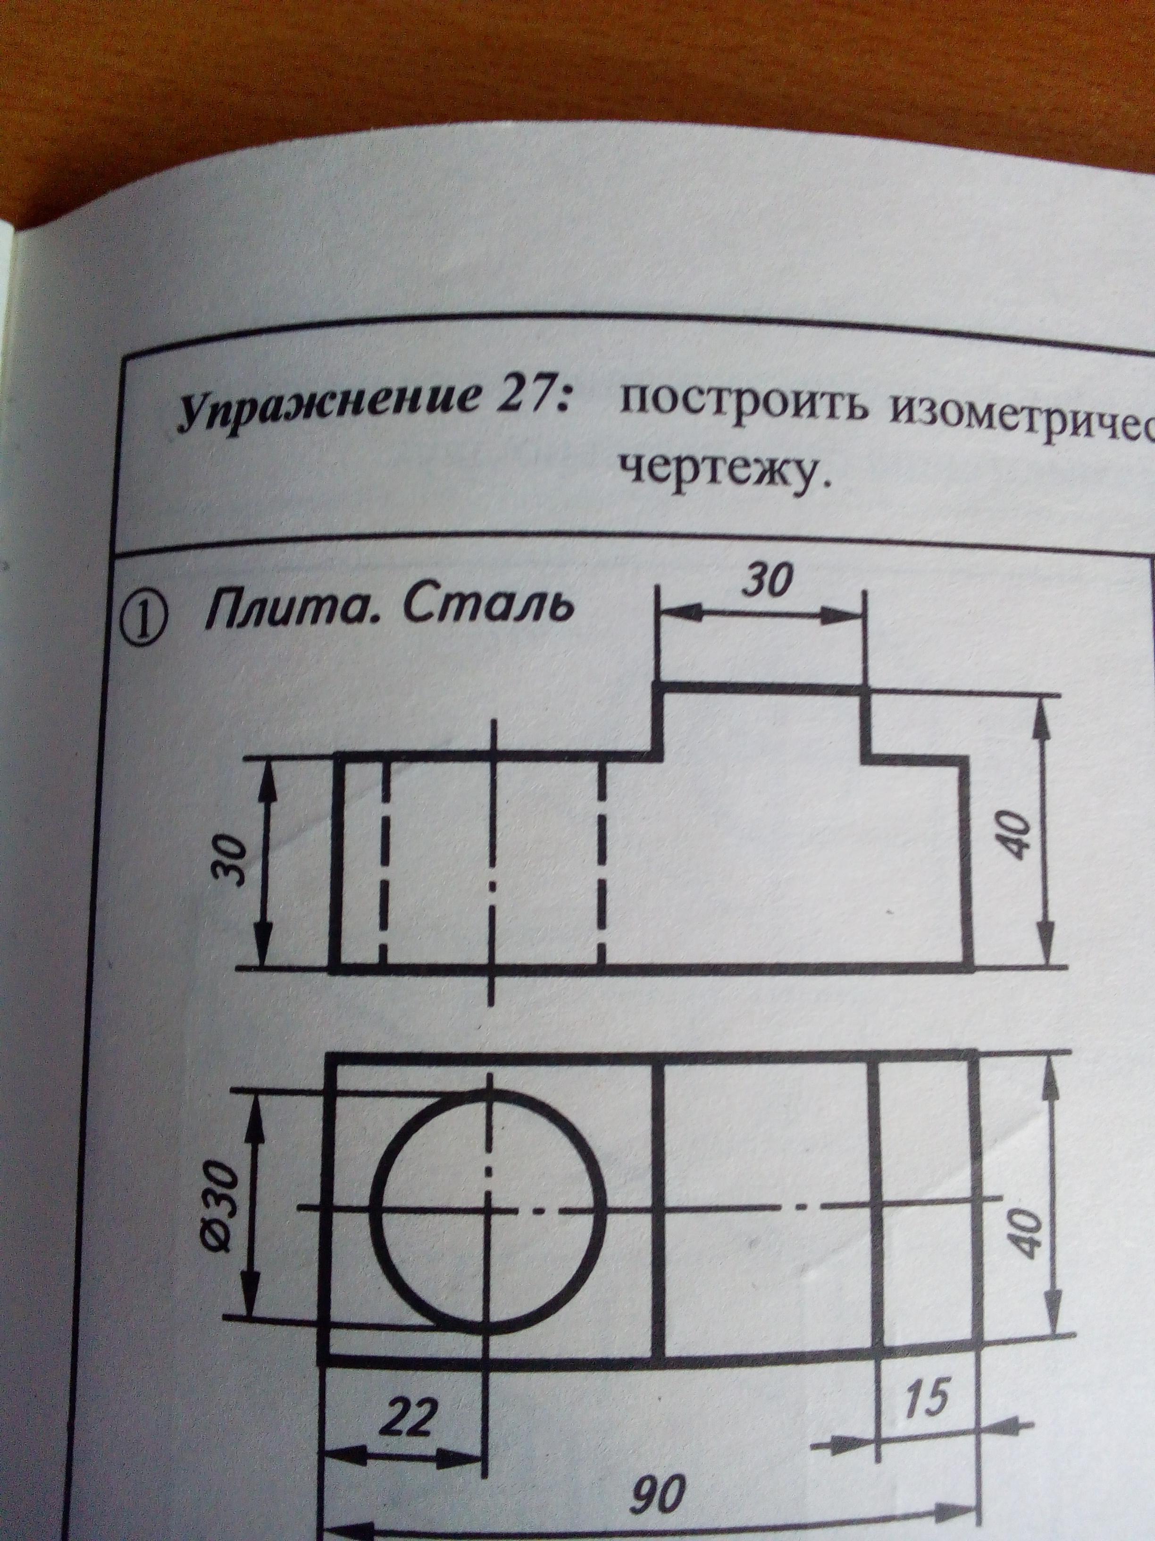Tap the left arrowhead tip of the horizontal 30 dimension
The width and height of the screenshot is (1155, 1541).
660,612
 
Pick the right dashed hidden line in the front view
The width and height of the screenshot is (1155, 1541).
603,864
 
